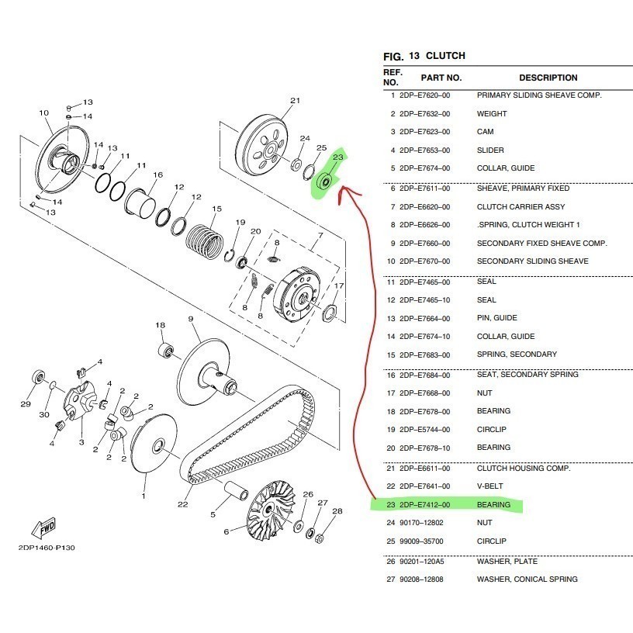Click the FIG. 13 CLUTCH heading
click(x=424, y=56)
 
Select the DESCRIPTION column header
click(x=548, y=78)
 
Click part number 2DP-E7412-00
click(x=424, y=505)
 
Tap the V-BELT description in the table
click(x=489, y=486)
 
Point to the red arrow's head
click(x=346, y=189)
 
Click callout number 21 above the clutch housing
click(x=295, y=101)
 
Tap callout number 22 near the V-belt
click(x=182, y=505)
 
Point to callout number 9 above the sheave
click(x=190, y=320)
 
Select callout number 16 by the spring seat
click(x=158, y=175)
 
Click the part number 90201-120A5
click(x=422, y=562)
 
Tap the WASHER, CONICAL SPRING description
click(x=527, y=579)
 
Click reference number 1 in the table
click(x=393, y=95)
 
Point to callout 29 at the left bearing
click(x=26, y=404)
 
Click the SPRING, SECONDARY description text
click(x=517, y=355)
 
